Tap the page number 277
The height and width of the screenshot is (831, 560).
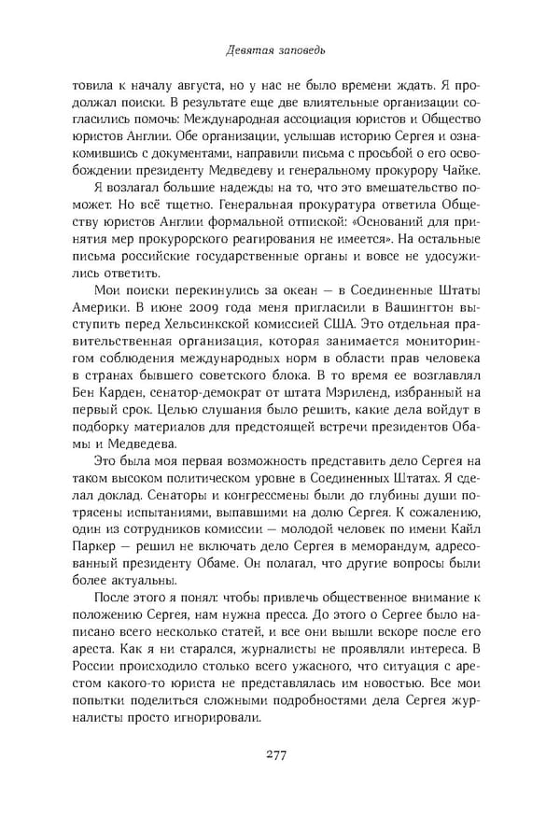[280, 754]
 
